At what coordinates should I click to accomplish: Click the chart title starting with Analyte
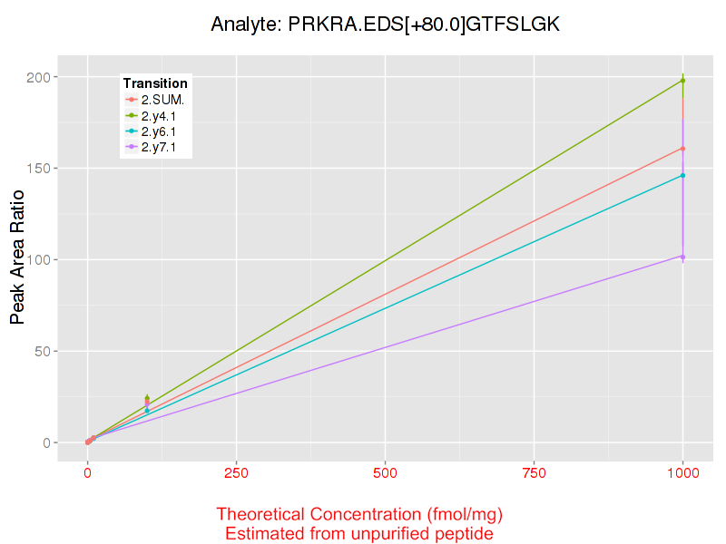(x=385, y=24)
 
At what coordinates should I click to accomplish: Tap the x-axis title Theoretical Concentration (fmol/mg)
(x=359, y=514)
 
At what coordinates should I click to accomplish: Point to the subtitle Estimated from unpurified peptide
(x=359, y=534)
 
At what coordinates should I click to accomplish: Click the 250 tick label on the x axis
(x=236, y=472)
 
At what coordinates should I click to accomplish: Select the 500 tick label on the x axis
(x=385, y=472)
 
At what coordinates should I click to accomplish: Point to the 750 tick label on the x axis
(x=534, y=472)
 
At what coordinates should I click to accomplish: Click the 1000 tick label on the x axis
(x=682, y=472)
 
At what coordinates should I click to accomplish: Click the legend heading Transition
(x=155, y=83)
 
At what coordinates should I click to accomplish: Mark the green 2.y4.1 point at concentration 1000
(x=682, y=81)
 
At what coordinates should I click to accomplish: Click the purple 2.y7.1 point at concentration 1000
(x=682, y=257)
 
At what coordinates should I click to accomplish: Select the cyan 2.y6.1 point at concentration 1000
(x=682, y=175)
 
